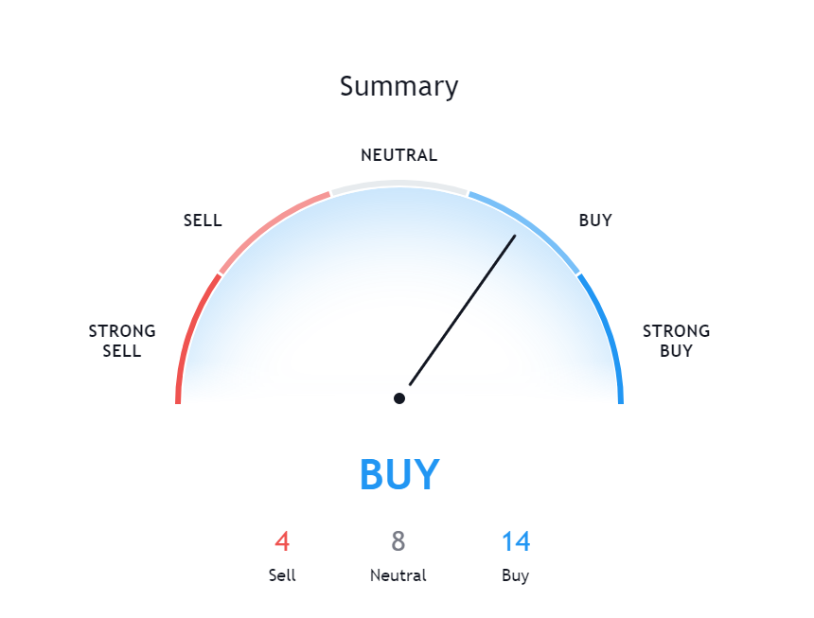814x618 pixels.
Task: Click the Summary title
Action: pos(398,87)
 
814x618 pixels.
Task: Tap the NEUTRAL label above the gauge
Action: pos(398,155)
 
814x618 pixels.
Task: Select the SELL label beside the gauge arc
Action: pos(203,221)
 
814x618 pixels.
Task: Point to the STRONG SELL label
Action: pos(122,341)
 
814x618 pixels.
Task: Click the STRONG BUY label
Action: pos(676,341)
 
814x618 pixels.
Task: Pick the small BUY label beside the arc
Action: pos(595,221)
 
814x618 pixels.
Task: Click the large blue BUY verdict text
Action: pos(399,474)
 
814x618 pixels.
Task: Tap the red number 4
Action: pos(282,541)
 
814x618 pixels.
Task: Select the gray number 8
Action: pos(398,541)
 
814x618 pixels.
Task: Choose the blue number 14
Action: pos(516,541)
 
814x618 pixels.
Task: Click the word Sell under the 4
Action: pos(282,574)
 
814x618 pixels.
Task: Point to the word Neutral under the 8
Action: pos(398,574)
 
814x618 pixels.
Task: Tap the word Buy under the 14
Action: pos(516,575)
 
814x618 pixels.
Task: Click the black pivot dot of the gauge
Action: pos(399,398)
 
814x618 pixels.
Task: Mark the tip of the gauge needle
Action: pos(515,236)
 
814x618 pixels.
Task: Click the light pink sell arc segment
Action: pos(269,225)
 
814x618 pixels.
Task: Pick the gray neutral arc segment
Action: pos(399,184)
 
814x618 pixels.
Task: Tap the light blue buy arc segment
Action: pos(530,225)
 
